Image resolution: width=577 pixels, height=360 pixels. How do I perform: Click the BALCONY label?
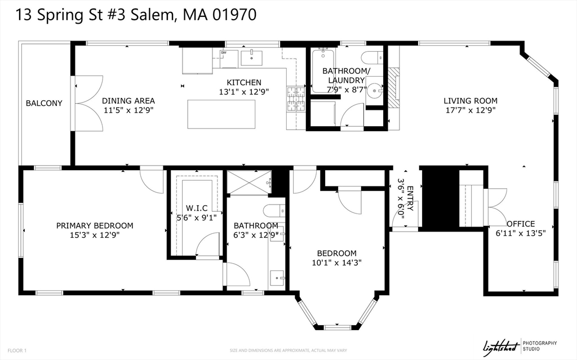coord(44,103)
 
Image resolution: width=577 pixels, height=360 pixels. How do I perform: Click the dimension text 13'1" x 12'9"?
coord(244,91)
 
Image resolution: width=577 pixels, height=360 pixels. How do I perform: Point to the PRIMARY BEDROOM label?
coord(95,225)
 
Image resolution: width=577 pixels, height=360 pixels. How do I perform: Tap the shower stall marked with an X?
coord(248,182)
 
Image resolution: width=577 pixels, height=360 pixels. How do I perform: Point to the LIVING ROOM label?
coord(471,101)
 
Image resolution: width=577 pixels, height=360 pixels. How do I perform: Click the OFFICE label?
coord(521,224)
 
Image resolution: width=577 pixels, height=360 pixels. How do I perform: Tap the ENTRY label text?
coord(410,198)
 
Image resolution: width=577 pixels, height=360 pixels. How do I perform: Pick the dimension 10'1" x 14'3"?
coord(336,263)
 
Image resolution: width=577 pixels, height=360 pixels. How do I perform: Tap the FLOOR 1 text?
coord(17,350)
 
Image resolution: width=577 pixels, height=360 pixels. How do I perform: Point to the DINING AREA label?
coord(128,101)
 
